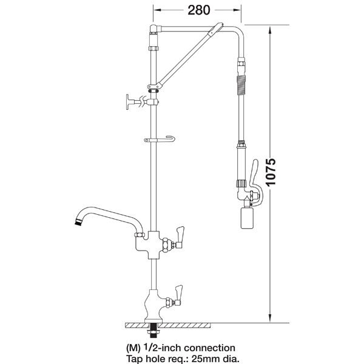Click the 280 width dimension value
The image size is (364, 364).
pos(199,10)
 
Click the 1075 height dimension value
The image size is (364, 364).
pos(271,172)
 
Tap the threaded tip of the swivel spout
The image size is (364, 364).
pos(78,221)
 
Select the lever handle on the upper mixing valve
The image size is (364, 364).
pos(180,234)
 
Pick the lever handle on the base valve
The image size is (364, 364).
pos(179,292)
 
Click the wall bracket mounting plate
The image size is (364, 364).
pos(128,102)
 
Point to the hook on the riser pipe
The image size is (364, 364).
pos(160,140)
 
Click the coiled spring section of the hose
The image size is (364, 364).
pos(241,86)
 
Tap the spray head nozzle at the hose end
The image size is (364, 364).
pos(246,218)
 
